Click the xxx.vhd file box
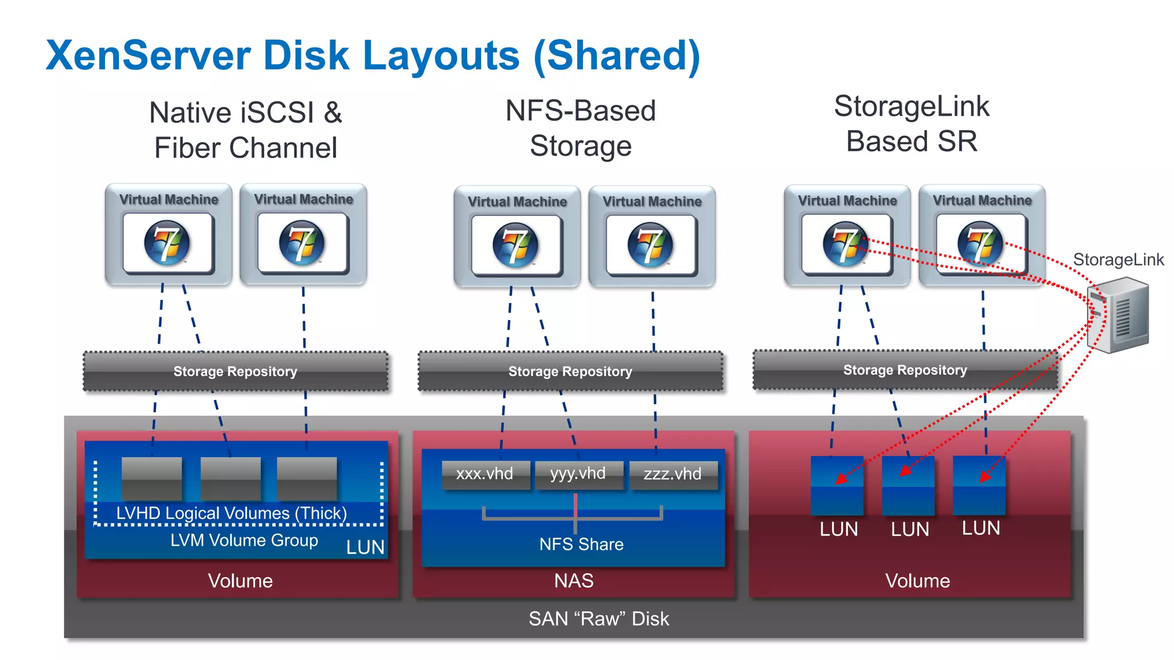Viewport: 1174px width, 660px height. (485, 474)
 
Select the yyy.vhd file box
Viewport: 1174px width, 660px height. (578, 474)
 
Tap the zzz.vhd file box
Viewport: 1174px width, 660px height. (672, 474)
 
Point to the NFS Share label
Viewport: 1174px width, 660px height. (581, 544)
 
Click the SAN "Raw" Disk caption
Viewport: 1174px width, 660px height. (598, 619)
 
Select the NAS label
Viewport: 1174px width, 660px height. (573, 581)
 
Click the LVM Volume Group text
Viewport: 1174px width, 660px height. (244, 540)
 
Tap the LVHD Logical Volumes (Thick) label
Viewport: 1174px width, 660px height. (232, 513)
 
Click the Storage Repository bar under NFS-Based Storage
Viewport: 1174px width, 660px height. (570, 372)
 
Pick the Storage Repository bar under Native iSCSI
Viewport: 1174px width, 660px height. (235, 372)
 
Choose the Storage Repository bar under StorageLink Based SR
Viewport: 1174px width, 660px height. (905, 371)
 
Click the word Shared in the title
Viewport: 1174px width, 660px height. (616, 56)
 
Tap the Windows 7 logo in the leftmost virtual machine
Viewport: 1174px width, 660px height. (167, 243)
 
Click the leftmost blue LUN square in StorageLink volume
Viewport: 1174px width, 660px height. (837, 485)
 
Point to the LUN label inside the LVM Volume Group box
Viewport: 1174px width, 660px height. (365, 548)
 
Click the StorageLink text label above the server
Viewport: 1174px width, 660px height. (1118, 260)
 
